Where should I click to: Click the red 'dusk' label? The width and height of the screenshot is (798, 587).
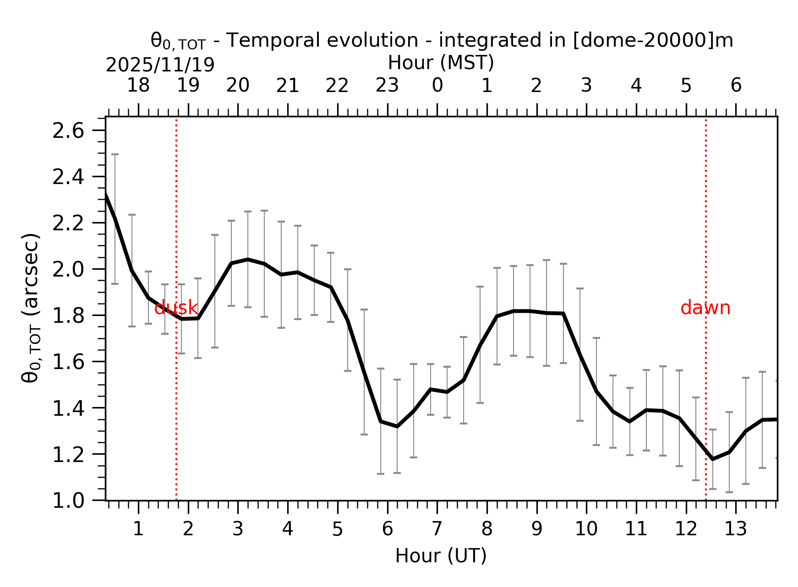point(176,308)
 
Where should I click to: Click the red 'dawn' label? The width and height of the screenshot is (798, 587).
point(705,308)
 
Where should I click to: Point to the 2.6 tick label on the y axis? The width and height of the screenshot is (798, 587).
point(68,131)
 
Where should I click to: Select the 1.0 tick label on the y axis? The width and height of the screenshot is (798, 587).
point(68,500)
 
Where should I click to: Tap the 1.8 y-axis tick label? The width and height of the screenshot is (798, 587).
point(68,316)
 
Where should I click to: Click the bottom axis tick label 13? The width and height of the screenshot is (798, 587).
point(735,529)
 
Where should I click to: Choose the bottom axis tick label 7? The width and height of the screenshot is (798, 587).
point(437,529)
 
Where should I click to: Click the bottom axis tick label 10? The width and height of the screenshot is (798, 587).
point(586,529)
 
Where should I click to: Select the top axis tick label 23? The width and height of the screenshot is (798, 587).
point(387,86)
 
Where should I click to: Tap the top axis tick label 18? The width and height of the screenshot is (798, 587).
point(138,86)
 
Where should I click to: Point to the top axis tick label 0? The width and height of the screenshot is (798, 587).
point(437,86)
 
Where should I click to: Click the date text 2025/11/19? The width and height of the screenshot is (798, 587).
point(160,65)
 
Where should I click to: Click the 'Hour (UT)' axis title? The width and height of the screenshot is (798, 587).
point(441,556)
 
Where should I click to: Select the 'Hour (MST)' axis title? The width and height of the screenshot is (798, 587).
point(441,63)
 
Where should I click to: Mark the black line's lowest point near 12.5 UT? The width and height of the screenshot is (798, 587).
point(712,459)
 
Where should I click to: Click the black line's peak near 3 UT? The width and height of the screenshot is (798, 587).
point(248,259)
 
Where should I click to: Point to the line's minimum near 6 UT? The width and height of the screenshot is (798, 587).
point(397,426)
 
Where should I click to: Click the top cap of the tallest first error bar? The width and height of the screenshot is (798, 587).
point(115,154)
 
